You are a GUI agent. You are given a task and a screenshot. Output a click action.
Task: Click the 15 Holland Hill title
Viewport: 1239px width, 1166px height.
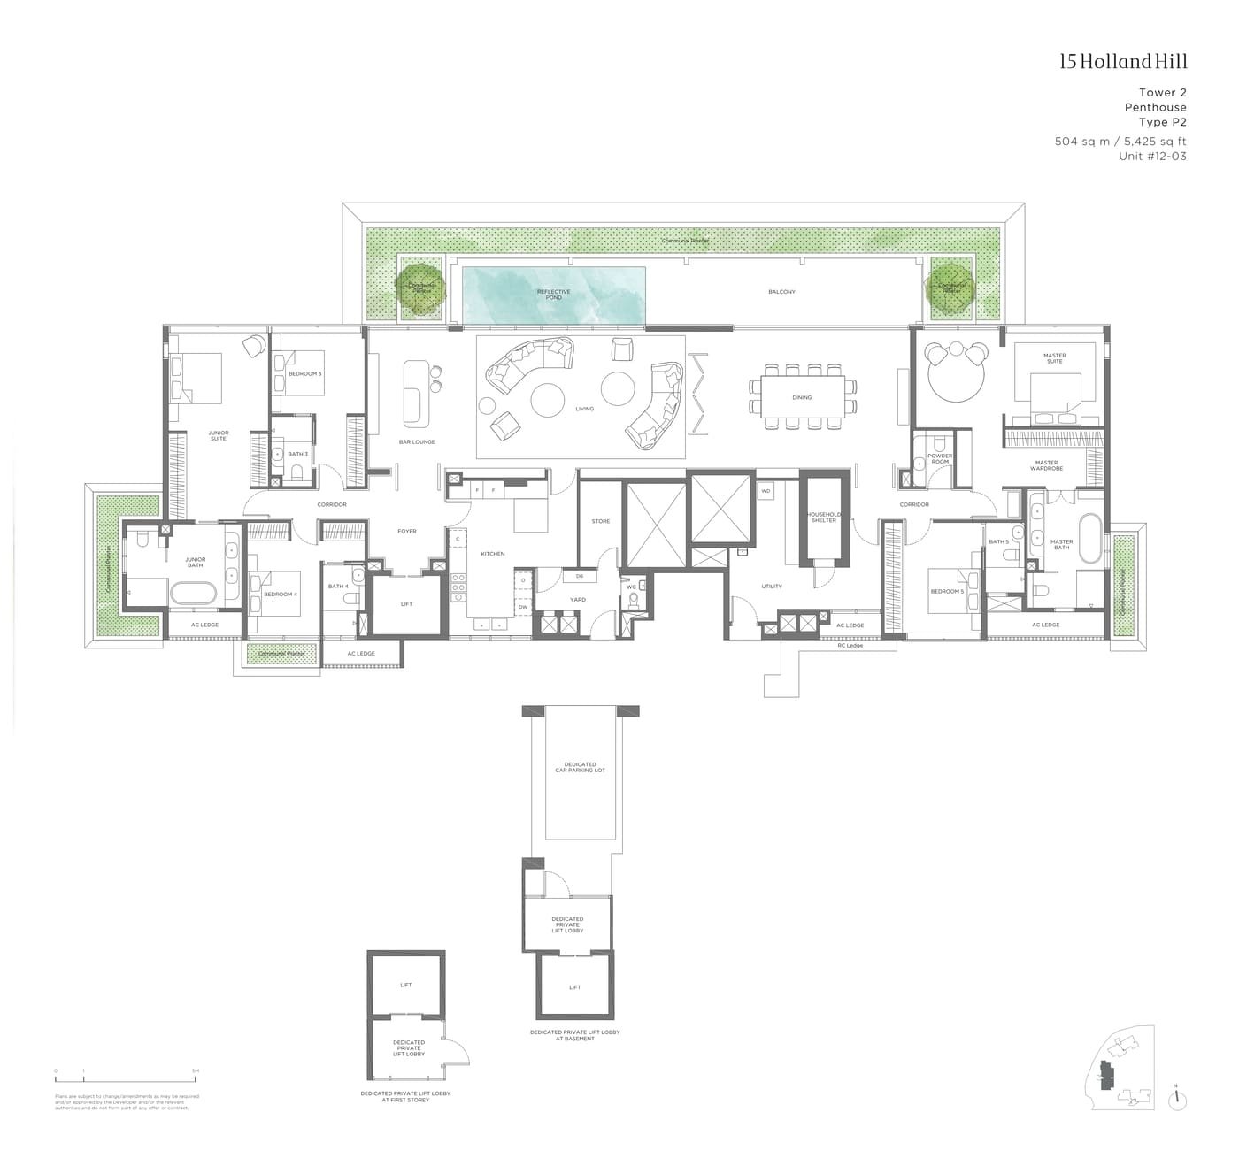pyautogui.click(x=1123, y=61)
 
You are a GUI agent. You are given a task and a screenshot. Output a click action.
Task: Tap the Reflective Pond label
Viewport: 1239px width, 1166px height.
pyautogui.click(x=554, y=294)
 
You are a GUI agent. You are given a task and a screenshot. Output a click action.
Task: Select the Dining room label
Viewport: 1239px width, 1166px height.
pyautogui.click(x=802, y=398)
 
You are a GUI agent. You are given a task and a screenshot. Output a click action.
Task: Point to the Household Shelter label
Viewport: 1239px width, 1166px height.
pyautogui.click(x=823, y=518)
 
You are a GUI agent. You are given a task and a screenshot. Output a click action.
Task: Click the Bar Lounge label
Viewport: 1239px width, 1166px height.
pyautogui.click(x=417, y=441)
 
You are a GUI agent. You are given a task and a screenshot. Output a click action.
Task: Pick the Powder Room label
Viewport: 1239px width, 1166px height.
pyautogui.click(x=940, y=459)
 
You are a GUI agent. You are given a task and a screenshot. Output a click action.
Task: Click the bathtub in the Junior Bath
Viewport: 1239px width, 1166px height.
pyautogui.click(x=192, y=594)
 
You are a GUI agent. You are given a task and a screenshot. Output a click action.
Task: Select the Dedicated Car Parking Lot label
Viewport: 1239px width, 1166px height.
pyautogui.click(x=580, y=767)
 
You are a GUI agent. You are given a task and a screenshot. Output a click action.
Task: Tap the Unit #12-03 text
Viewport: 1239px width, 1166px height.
pyautogui.click(x=1152, y=156)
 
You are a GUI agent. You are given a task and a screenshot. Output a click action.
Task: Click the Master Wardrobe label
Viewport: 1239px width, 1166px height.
pyautogui.click(x=1046, y=464)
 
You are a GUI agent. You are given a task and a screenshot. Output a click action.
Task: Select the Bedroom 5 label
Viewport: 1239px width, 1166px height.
pyautogui.click(x=947, y=591)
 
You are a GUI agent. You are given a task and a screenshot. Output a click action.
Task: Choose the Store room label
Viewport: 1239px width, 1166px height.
pyautogui.click(x=601, y=521)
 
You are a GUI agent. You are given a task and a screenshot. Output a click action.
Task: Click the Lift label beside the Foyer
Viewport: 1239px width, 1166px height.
pyautogui.click(x=406, y=604)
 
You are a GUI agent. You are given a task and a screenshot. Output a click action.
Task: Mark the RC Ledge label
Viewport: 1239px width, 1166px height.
pyautogui.click(x=850, y=646)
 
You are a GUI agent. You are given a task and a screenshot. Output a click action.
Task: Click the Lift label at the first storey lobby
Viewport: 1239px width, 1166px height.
pyautogui.click(x=406, y=985)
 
